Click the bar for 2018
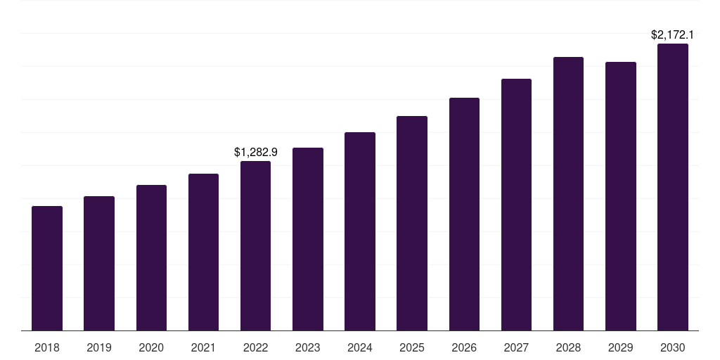47,268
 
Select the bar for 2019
99,263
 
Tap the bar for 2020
151,257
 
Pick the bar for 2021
203,252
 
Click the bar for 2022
255,245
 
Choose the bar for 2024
360,231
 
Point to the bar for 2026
464,214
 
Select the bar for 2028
568,193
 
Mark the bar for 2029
621,196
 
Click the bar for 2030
673,187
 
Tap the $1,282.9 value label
256,152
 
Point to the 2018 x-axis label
47,347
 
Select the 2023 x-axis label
308,347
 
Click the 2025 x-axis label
412,347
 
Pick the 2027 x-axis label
516,347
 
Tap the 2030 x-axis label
673,347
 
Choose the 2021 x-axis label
203,347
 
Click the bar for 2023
308,239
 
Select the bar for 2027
516,205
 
